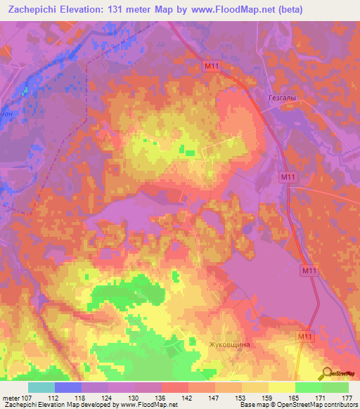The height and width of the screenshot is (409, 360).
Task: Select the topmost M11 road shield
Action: (210, 66)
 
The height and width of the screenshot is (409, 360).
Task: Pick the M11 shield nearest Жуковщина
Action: (304, 338)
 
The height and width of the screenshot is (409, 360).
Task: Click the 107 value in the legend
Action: (27, 398)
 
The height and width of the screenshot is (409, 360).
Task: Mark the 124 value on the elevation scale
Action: (108, 398)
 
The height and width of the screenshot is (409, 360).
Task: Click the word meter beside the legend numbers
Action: (10, 398)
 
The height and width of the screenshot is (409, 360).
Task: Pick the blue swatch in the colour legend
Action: (67, 388)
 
